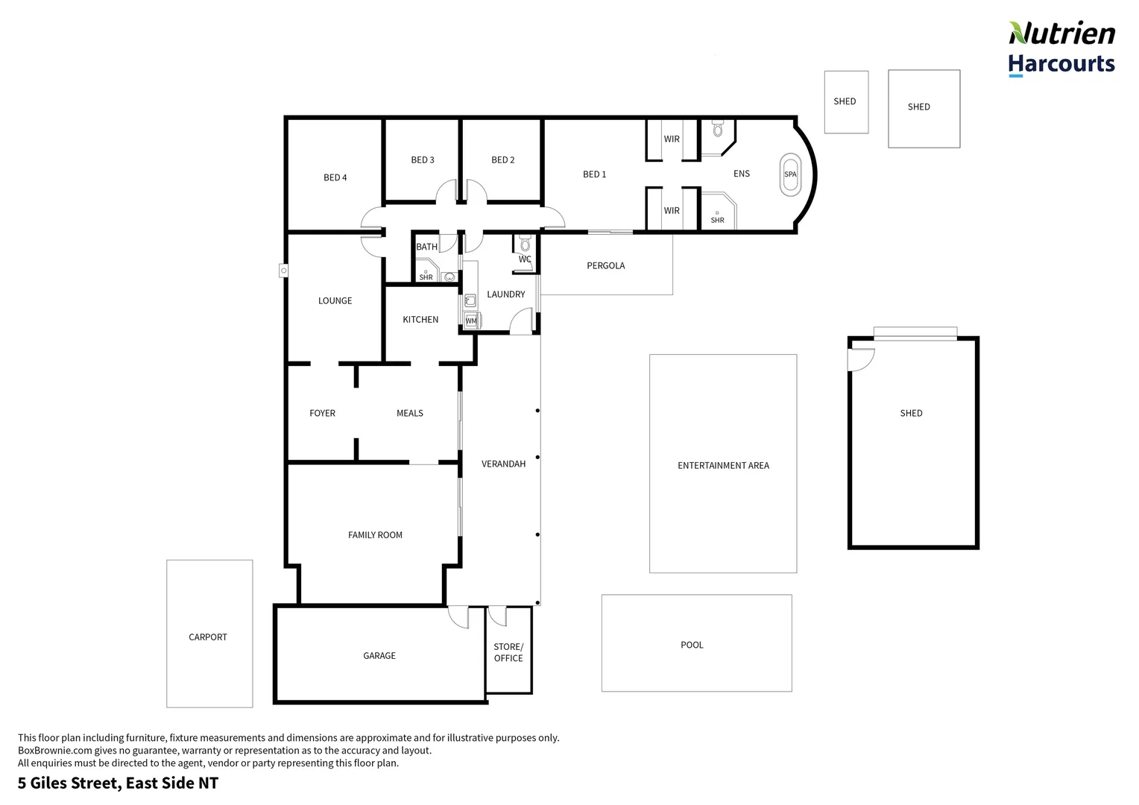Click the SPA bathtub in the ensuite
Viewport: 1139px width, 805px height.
tap(790, 174)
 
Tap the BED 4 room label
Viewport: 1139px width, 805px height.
tap(335, 177)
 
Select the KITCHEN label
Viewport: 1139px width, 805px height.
tap(420, 320)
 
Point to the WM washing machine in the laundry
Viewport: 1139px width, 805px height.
tap(471, 321)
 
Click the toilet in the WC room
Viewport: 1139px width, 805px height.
tap(525, 244)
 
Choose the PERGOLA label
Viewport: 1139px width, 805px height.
tap(605, 265)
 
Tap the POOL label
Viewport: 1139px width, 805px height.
tap(692, 645)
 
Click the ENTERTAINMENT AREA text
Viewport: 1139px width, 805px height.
tap(723, 465)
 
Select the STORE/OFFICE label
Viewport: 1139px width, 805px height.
tap(508, 652)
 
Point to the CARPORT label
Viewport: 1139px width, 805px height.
tap(208, 637)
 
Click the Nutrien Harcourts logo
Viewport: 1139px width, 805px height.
tap(1061, 48)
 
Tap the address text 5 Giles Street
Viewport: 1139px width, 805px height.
tap(118, 783)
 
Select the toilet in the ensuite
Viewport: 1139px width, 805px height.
tap(718, 129)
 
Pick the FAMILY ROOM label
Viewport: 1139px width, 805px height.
tap(375, 534)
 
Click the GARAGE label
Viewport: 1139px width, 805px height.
tap(379, 655)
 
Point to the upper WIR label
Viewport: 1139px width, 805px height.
tap(672, 139)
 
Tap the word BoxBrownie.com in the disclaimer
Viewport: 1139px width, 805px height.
tap(50, 751)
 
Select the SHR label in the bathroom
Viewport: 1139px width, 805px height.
tap(426, 277)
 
